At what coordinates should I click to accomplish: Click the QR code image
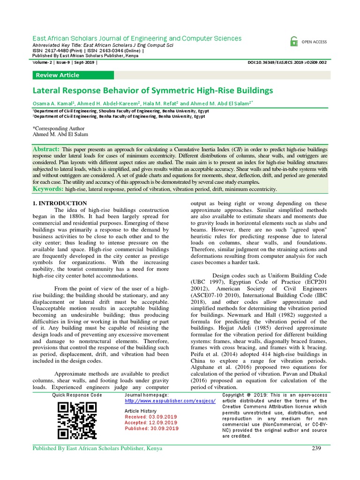click(x=77, y=421)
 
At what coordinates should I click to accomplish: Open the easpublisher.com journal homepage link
click(x=170, y=401)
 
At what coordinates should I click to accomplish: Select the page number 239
click(x=316, y=449)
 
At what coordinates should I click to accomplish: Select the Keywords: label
click(x=48, y=188)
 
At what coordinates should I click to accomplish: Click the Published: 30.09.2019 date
click(x=151, y=428)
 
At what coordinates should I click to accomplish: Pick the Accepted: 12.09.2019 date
click(x=151, y=422)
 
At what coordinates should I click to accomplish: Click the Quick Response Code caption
click(x=77, y=395)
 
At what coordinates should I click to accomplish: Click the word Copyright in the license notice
click(x=238, y=395)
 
